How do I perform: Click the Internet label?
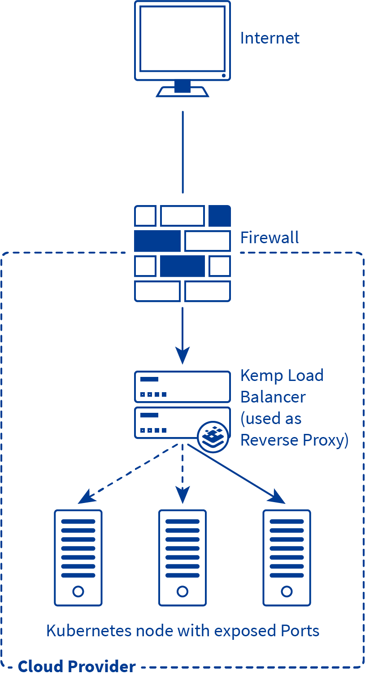point(269,38)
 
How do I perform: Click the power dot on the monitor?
point(223,75)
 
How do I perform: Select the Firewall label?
point(269,237)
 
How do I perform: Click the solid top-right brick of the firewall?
point(220,216)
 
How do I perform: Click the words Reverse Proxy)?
point(294,440)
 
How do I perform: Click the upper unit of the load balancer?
point(182,386)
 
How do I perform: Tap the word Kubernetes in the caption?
point(91,631)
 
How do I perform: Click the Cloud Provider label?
point(77,666)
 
